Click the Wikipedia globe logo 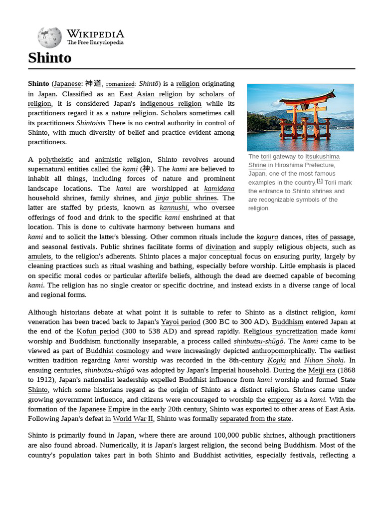tap(49, 37)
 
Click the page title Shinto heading tap(49, 58)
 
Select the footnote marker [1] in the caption tap(320, 181)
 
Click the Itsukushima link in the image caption tap(322, 157)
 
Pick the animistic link tap(108, 160)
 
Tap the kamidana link tap(219, 189)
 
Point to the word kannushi tap(174, 208)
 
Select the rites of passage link tap(330, 237)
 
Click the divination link tap(220, 247)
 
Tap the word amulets tap(39, 256)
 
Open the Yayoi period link tap(181, 322)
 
